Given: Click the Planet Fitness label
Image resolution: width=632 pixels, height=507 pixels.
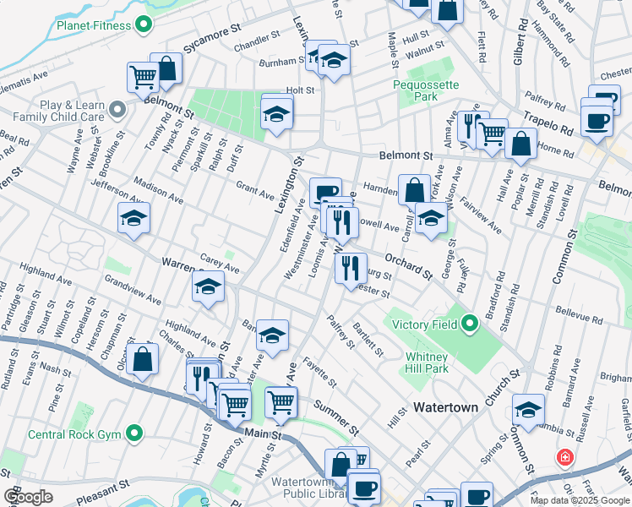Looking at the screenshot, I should tap(94, 25).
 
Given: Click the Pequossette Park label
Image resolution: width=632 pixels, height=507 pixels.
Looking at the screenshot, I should tap(416, 90).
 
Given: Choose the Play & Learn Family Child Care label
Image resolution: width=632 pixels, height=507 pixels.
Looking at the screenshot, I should tap(59, 110).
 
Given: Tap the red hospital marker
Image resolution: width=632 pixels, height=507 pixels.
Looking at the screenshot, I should tap(564, 458).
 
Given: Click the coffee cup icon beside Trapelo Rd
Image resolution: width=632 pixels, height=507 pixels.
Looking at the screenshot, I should tap(597, 120).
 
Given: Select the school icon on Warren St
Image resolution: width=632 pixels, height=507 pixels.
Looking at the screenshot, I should tap(208, 288).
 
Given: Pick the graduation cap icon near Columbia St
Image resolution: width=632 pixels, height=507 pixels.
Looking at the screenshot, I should tap(528, 410).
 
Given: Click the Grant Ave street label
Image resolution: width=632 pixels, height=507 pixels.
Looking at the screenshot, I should tap(254, 189).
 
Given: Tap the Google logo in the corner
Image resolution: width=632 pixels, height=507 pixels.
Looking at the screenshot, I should tap(28, 497).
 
